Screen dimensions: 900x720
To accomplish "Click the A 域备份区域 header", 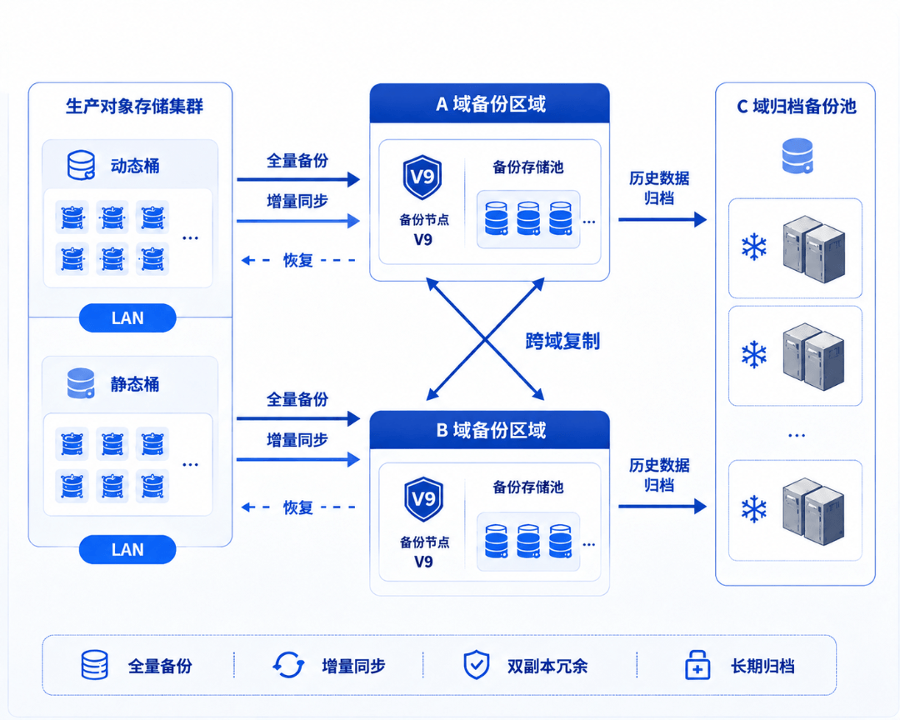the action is pyautogui.click(x=490, y=103).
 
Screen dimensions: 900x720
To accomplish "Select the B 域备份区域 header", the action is pyautogui.click(x=490, y=430).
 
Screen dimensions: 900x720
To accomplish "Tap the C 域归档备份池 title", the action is pyautogui.click(x=796, y=106).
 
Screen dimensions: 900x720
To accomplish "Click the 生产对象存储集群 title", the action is pyautogui.click(x=134, y=106).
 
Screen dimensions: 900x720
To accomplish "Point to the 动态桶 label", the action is pyautogui.click(x=135, y=166).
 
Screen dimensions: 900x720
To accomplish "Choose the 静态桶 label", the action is pyautogui.click(x=135, y=384).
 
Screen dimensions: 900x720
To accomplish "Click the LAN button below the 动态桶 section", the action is pyautogui.click(x=127, y=318).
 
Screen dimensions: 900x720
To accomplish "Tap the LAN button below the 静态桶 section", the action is pyautogui.click(x=127, y=549).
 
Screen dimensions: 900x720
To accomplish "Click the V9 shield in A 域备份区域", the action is pyautogui.click(x=422, y=177).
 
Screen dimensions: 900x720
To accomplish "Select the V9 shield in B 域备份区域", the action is pyautogui.click(x=423, y=499).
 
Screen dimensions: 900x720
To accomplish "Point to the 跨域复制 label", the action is pyautogui.click(x=562, y=341).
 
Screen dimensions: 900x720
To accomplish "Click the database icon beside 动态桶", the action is pyautogui.click(x=82, y=165).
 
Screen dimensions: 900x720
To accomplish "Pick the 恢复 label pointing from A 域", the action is pyautogui.click(x=297, y=260).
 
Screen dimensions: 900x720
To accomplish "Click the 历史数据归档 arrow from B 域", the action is pyautogui.click(x=662, y=507).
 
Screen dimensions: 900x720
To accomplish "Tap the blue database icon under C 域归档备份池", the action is pyautogui.click(x=797, y=156).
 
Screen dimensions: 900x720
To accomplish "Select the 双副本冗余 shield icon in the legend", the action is pyautogui.click(x=477, y=666).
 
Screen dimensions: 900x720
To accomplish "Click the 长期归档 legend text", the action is pyautogui.click(x=762, y=666).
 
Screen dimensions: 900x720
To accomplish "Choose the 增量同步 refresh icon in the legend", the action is pyautogui.click(x=288, y=666).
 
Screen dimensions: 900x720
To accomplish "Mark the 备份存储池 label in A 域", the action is pyautogui.click(x=528, y=167).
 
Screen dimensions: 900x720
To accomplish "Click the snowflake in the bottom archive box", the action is pyautogui.click(x=754, y=509).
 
